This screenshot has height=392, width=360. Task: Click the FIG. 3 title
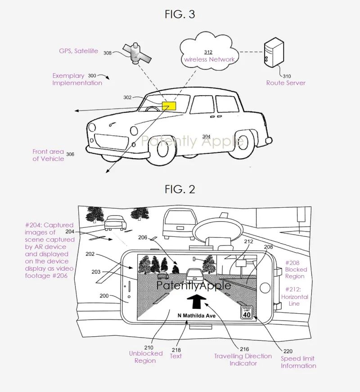pos(180,14)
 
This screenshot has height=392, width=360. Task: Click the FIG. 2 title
pos(180,189)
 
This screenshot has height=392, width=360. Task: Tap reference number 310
pos(287,76)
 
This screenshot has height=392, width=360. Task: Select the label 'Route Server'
pos(286,83)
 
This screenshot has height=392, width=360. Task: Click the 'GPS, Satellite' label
pos(78,51)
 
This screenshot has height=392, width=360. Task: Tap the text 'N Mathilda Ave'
pos(196,316)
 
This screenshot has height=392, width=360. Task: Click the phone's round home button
pos(265,287)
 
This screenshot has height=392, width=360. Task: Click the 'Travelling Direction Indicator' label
pos(243,360)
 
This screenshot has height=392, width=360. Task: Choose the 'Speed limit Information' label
pos(298,362)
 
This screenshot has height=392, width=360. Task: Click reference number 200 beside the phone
pos(103,296)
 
